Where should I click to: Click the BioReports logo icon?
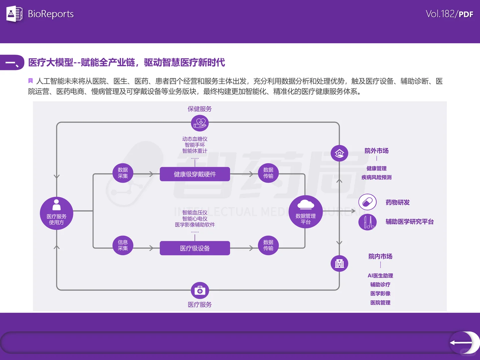(14, 14)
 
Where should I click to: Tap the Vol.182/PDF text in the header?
(449, 14)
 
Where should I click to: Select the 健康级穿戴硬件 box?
(195, 174)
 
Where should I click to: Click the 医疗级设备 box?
(195, 248)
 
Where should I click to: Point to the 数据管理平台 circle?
(306, 212)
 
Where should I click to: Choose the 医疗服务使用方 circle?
(56, 213)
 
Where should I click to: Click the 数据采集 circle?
(123, 173)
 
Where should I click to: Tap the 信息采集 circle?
(123, 245)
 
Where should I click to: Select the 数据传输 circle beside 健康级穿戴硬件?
(268, 173)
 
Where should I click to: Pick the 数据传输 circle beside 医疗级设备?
(268, 245)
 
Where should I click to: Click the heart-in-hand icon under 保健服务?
(200, 123)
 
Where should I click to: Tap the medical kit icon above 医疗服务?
(200, 291)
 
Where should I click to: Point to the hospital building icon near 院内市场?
(339, 264)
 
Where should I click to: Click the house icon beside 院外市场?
(339, 153)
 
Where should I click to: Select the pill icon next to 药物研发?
(367, 202)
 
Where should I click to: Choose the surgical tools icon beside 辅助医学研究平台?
(367, 222)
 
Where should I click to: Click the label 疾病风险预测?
(376, 177)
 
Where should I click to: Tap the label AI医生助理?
(380, 276)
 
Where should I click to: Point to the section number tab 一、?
(12, 63)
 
